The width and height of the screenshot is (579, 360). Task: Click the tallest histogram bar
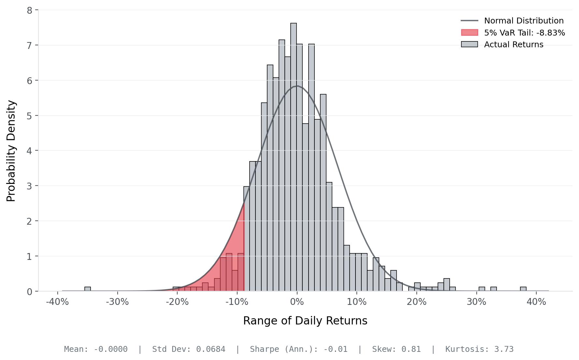coord(294,157)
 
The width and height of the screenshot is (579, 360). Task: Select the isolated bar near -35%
coord(88,289)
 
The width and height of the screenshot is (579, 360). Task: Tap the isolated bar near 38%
coord(523,289)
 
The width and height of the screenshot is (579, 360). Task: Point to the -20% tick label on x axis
coord(177,302)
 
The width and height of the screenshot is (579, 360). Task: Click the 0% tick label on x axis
coord(297,302)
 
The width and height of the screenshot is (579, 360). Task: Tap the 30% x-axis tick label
coord(476,302)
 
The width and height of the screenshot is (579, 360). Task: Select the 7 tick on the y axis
coord(30,45)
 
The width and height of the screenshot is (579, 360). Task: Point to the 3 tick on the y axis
coord(30,186)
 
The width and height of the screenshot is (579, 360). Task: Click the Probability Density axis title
coord(11,151)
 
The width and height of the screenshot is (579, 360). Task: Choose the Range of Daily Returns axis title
coord(305,321)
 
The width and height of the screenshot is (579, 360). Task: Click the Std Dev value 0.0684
coord(211,349)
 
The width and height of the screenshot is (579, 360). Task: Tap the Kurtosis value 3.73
coord(504,349)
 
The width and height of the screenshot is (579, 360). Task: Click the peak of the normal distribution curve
coord(297,86)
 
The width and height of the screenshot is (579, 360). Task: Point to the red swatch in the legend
coord(470,33)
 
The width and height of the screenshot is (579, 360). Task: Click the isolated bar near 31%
coord(482,289)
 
